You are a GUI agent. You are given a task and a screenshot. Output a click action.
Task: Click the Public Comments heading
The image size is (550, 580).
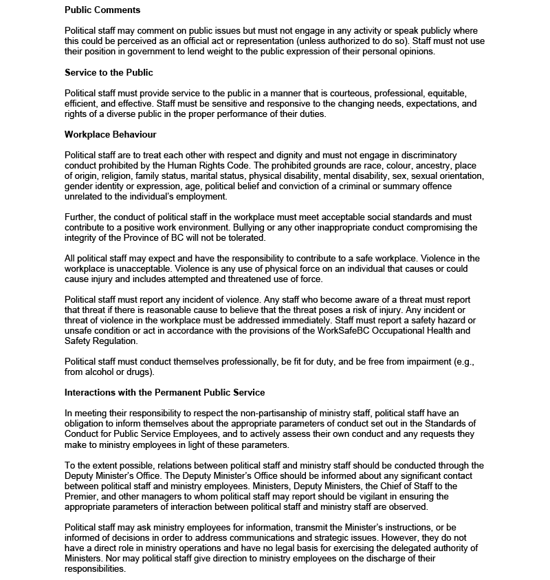(102, 10)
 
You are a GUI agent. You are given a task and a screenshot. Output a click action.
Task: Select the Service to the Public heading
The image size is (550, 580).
(109, 72)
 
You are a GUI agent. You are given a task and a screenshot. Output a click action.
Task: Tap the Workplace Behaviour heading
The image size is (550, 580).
(110, 134)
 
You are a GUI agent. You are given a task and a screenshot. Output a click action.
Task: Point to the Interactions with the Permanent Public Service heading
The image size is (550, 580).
(164, 392)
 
